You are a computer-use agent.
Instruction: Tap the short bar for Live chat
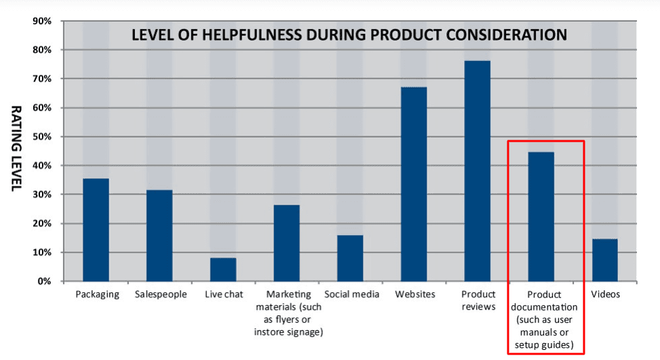[x=222, y=269]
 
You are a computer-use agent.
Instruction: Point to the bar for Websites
[x=414, y=184]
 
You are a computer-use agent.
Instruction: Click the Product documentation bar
[x=541, y=216]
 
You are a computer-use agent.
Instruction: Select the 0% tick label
[x=44, y=281]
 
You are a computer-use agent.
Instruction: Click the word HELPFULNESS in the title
[x=255, y=35]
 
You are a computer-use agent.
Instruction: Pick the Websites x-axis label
[x=414, y=294]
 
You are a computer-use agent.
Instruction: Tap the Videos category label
[x=605, y=294]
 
